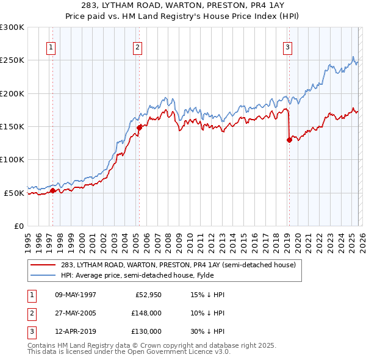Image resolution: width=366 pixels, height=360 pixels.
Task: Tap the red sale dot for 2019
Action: pyautogui.click(x=289, y=140)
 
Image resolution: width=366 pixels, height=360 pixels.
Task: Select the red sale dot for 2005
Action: pyautogui.click(x=139, y=128)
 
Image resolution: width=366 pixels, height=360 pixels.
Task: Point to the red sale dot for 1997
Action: pyautogui.click(x=52, y=190)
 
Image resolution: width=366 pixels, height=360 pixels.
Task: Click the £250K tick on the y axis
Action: pyautogui.click(x=12, y=60)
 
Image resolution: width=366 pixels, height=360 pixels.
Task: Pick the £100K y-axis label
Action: pyautogui.click(x=12, y=159)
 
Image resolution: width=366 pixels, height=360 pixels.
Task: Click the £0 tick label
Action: pyautogui.click(x=18, y=226)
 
